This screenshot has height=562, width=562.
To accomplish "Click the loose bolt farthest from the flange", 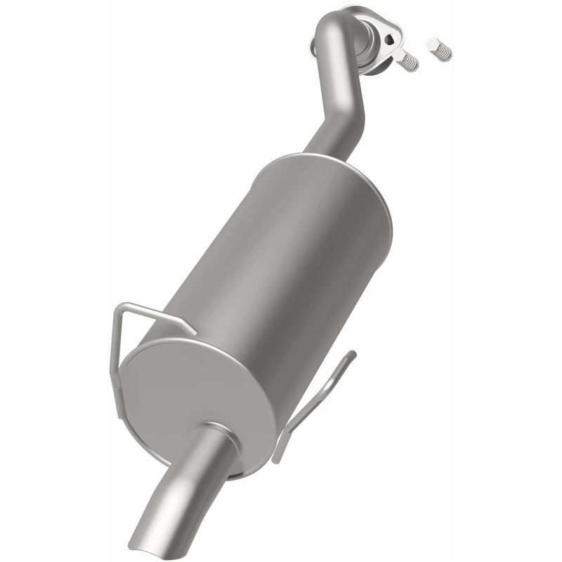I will click(x=439, y=48).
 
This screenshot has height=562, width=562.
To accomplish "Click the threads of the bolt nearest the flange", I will click(x=410, y=64).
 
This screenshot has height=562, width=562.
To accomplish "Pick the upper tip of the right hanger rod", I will click(x=351, y=355).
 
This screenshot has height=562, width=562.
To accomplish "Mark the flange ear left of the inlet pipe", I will click(x=313, y=45).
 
